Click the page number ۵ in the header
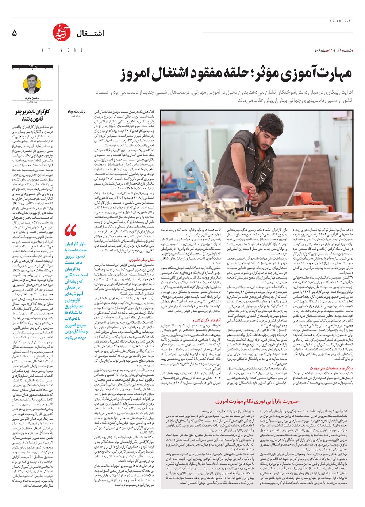[x=14, y=33]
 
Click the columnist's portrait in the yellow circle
[x=32, y=84]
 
